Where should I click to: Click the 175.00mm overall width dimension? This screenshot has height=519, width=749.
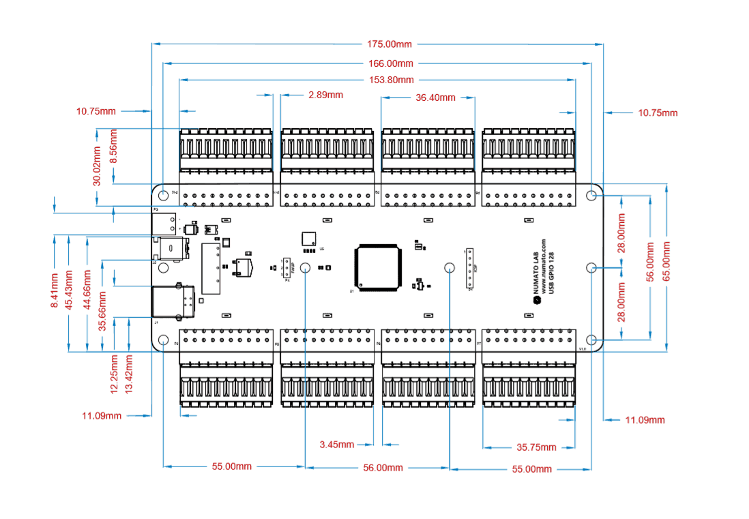[x=390, y=44]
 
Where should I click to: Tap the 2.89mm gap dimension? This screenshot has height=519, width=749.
[x=325, y=95]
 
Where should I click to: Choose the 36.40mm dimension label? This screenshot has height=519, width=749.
[x=435, y=98]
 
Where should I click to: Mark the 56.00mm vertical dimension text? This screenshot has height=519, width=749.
[x=651, y=262]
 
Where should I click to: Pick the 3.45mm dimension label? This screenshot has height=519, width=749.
[x=337, y=445]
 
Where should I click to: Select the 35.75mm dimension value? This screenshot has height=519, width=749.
[x=536, y=447]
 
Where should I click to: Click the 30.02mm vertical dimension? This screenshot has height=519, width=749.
[x=98, y=166]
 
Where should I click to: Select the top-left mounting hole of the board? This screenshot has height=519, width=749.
[x=164, y=195]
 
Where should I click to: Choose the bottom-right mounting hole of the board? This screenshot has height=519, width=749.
[x=591, y=339]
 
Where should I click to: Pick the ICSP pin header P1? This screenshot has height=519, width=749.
[x=470, y=269]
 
